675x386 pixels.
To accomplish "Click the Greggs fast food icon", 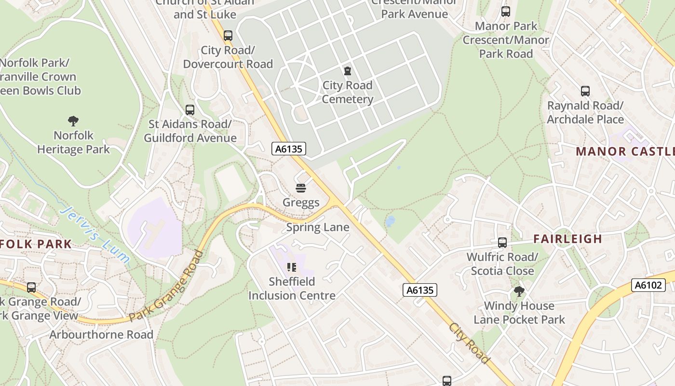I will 301,188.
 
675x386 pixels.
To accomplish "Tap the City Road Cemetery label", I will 347,92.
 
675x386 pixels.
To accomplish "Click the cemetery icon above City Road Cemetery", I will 347,71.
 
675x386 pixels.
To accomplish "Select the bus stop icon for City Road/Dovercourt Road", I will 228,36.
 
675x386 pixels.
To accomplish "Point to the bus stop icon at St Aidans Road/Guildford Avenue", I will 190,110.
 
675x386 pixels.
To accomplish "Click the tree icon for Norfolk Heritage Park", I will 73,121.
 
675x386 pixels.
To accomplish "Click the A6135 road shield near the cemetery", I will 289,149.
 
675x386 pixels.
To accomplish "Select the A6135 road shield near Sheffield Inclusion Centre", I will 420,290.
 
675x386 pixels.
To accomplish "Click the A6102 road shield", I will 648,285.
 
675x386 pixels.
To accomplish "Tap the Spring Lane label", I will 318,227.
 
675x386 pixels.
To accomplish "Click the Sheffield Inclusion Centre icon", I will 292,267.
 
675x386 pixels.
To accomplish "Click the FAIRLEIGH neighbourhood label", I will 568,239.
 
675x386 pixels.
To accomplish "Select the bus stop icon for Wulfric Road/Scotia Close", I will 502,243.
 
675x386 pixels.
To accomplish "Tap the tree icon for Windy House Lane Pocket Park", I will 519,291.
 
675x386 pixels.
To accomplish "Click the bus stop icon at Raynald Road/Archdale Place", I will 585,91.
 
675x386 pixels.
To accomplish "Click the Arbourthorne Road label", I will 101,334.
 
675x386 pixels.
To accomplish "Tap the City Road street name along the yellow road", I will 469,343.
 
